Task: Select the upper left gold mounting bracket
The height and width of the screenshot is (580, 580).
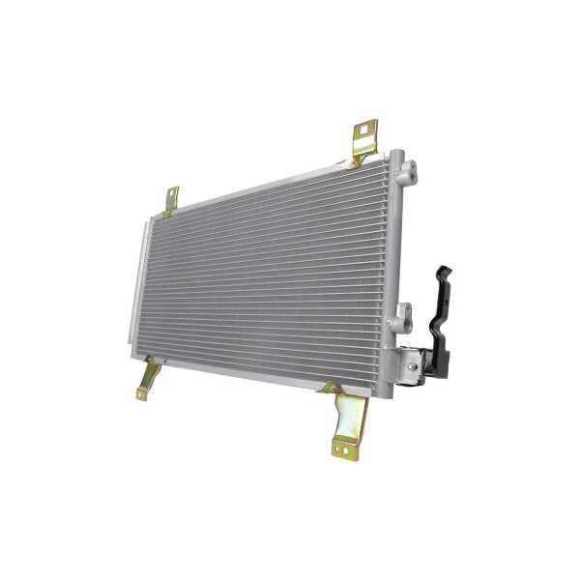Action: click(x=171, y=199)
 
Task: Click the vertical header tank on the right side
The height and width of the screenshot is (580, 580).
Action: click(x=391, y=261)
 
